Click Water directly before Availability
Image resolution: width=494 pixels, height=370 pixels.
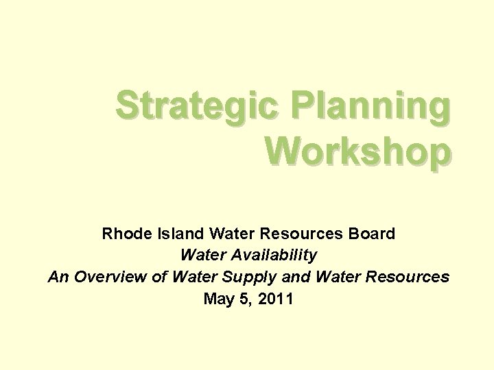click(x=202, y=256)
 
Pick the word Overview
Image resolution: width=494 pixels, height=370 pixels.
click(x=104, y=277)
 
